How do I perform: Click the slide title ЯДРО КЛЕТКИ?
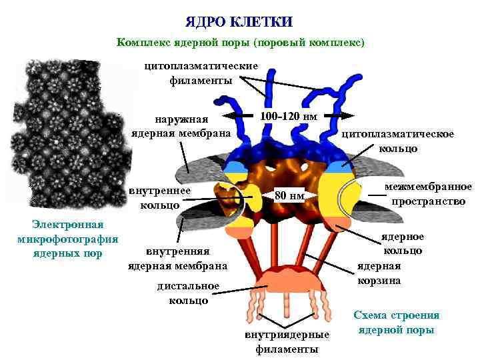coord(239,21)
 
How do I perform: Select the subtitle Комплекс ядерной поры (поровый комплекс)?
coord(240,42)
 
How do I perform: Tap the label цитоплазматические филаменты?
coord(200,73)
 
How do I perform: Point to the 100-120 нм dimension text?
coord(288,116)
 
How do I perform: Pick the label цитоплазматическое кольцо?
coord(398,141)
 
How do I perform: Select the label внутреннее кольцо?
coord(165,198)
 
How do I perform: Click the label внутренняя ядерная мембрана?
coord(177,259)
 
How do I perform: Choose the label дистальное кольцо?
coord(188,293)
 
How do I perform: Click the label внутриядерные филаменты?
coord(287,342)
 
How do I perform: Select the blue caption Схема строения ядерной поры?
coord(397,323)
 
